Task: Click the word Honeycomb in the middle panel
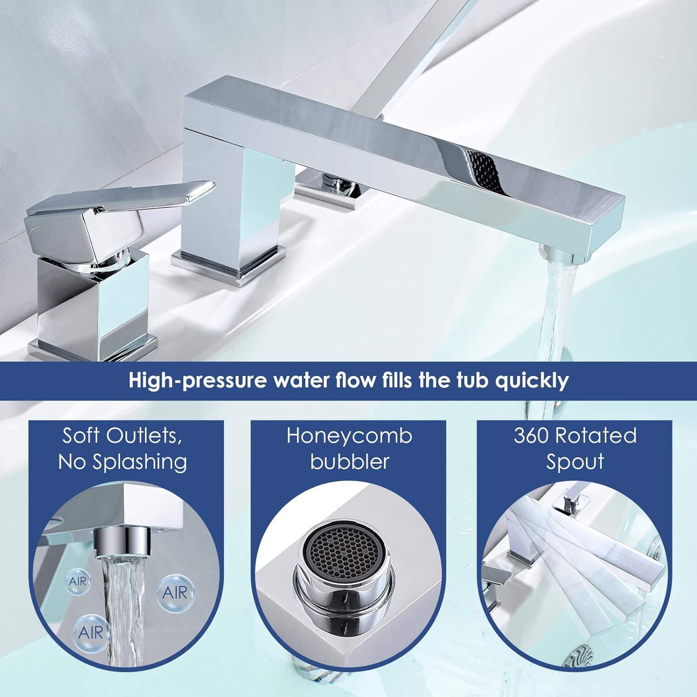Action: pyautogui.click(x=349, y=436)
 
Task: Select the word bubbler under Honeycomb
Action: pyautogui.click(x=349, y=462)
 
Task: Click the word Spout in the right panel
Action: pyautogui.click(x=575, y=462)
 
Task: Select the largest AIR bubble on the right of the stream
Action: pyautogui.click(x=175, y=592)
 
